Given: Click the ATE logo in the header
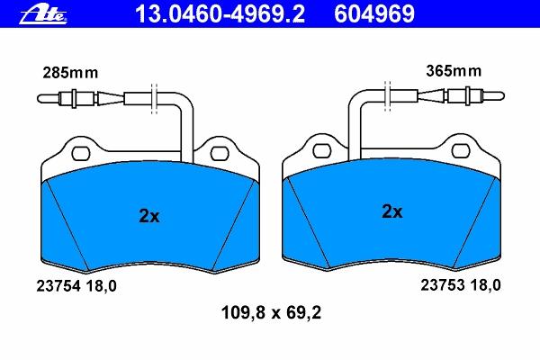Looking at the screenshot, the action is pyautogui.click(x=43, y=14).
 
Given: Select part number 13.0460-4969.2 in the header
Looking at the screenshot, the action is pyautogui.click(x=220, y=13).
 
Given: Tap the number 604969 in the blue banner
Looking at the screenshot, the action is pyautogui.click(x=374, y=13).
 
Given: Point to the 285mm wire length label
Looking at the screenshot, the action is pyautogui.click(x=70, y=73).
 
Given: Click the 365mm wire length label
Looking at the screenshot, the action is pyautogui.click(x=454, y=71).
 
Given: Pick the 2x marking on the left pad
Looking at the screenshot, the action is pyautogui.click(x=149, y=216).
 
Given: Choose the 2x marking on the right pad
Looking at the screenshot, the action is pyautogui.click(x=391, y=211).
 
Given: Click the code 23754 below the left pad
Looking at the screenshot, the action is pyautogui.click(x=58, y=286).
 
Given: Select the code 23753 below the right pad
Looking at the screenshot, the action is pyautogui.click(x=443, y=285).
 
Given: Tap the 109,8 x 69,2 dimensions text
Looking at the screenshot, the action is pyautogui.click(x=271, y=313).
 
